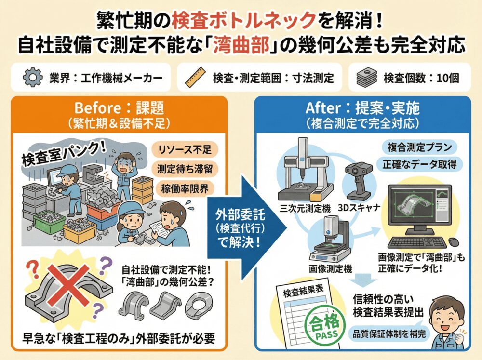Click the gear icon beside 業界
click(x=33, y=78)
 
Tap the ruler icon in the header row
click(x=195, y=77)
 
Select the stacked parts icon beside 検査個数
click(x=367, y=77)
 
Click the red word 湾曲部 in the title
click(x=241, y=45)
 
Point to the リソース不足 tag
click(x=185, y=150)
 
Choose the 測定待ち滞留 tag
click(x=185, y=169)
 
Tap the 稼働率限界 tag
click(x=185, y=188)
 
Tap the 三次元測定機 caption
click(x=305, y=209)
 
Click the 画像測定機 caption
click(x=330, y=269)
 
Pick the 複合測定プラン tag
click(x=419, y=147)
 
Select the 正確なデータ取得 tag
click(x=419, y=164)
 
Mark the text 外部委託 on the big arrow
click(x=240, y=214)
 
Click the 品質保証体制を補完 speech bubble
click(x=389, y=333)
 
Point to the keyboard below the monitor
click(x=416, y=242)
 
